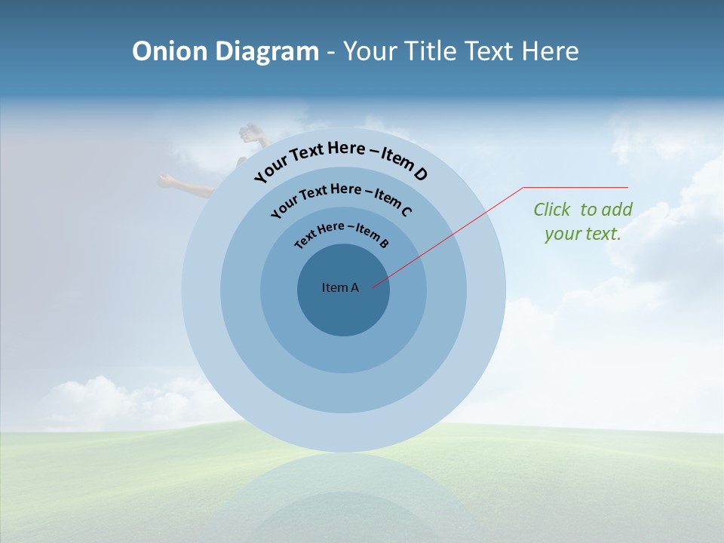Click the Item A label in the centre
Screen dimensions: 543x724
tap(340, 287)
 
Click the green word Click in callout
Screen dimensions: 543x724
tap(552, 210)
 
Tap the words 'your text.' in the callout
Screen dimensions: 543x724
tap(583, 234)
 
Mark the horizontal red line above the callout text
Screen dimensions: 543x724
tap(575, 187)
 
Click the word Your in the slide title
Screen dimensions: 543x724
tap(372, 51)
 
